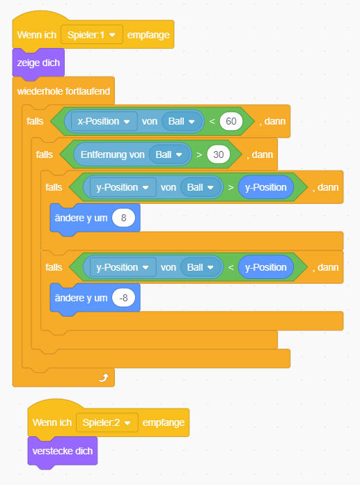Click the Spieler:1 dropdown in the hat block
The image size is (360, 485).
pos(92,35)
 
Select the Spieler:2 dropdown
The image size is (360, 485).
pos(107,422)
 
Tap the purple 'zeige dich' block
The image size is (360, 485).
pos(38,63)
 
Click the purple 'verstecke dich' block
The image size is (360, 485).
pos(63,451)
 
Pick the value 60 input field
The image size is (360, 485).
pos(231,121)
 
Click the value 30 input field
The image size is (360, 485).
pos(218,154)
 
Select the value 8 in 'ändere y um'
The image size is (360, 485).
pos(123,218)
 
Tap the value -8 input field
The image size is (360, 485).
pos(123,298)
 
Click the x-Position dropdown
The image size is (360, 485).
pos(104,121)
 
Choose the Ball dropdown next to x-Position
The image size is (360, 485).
pos(182,121)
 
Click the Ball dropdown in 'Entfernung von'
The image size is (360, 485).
pos(169,154)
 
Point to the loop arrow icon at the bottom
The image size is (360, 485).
pos(104,378)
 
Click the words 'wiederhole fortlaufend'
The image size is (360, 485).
pos(63,91)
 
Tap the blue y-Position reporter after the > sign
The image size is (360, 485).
pos(265,187)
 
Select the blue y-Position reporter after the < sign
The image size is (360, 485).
pos(265,267)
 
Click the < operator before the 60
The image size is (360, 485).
pos(212,121)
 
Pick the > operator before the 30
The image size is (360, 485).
pos(199,154)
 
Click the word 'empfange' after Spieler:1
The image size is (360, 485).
pos(148,35)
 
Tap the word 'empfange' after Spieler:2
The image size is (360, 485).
pos(164,423)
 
